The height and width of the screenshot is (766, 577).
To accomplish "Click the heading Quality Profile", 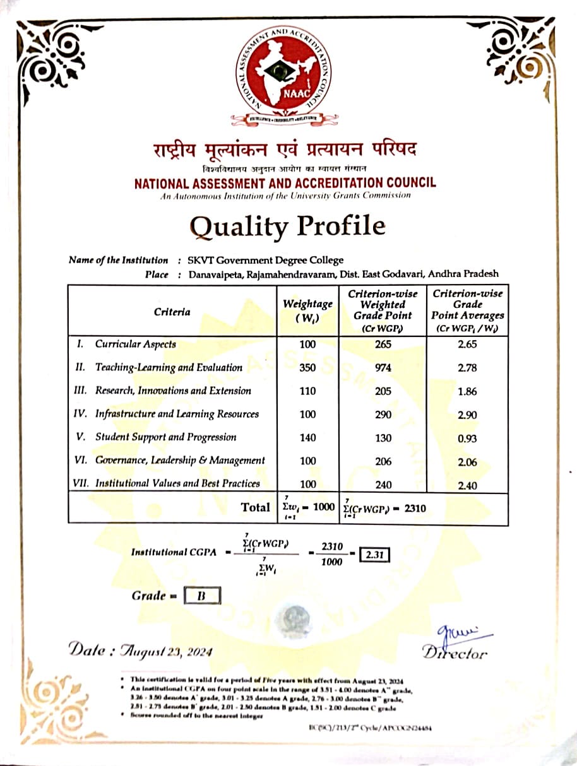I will pyautogui.click(x=287, y=226).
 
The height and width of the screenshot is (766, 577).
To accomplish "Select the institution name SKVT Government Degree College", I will pyautogui.click(x=266, y=260).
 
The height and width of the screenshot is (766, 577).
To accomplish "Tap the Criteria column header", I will pyautogui.click(x=172, y=312).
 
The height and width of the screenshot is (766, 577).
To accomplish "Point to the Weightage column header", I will pyautogui.click(x=307, y=310).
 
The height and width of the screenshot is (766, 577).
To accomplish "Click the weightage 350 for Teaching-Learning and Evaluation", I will pyautogui.click(x=307, y=368).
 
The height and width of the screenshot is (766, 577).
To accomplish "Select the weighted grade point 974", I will pyautogui.click(x=383, y=368).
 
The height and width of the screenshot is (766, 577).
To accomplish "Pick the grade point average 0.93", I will pyautogui.click(x=468, y=439).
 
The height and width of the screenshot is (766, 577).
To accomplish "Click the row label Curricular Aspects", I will pyautogui.click(x=135, y=345).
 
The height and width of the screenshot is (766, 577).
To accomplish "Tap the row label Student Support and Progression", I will pyautogui.click(x=165, y=437).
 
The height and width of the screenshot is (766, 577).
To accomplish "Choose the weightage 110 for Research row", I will pyautogui.click(x=307, y=391).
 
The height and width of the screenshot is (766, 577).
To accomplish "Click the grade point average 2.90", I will pyautogui.click(x=468, y=415).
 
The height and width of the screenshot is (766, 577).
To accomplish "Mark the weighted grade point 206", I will pyautogui.click(x=383, y=461).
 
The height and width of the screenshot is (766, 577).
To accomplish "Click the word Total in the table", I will pyautogui.click(x=255, y=507).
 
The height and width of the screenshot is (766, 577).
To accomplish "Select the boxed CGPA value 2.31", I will pyautogui.click(x=374, y=556).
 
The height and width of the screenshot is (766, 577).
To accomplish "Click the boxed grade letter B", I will pyautogui.click(x=202, y=596).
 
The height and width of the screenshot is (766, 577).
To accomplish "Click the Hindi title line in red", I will pyautogui.click(x=285, y=152).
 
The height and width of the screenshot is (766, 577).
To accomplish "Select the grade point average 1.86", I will pyautogui.click(x=468, y=392).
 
